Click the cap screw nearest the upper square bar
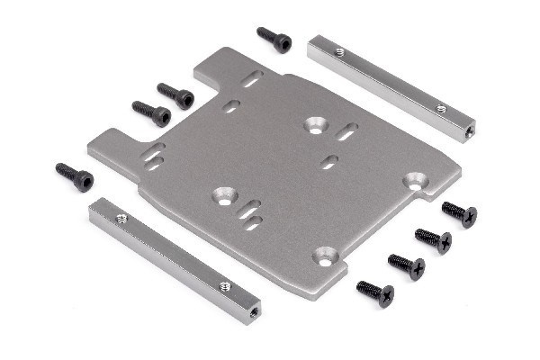click(274, 39)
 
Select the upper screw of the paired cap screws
click(176, 95)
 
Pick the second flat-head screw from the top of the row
click(433, 239)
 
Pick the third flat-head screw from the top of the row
click(406, 265)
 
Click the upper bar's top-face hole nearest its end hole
click(441, 109)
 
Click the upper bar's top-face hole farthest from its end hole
click(340, 52)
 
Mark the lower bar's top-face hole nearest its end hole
click(225, 286)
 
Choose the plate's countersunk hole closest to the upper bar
click(315, 124)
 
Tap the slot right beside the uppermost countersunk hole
click(346, 131)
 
